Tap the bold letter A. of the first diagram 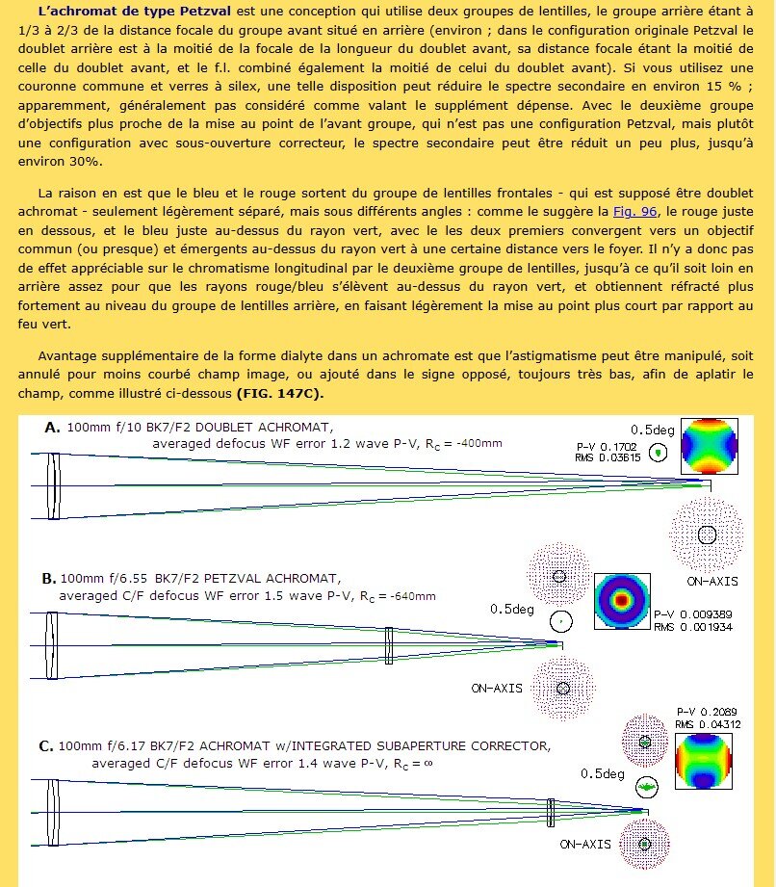point(53,427)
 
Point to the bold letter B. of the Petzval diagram point(48,579)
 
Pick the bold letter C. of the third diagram point(45,745)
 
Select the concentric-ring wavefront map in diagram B point(620,602)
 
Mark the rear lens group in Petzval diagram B point(388,641)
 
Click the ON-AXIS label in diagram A point(712,582)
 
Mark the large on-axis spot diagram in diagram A point(708,533)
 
